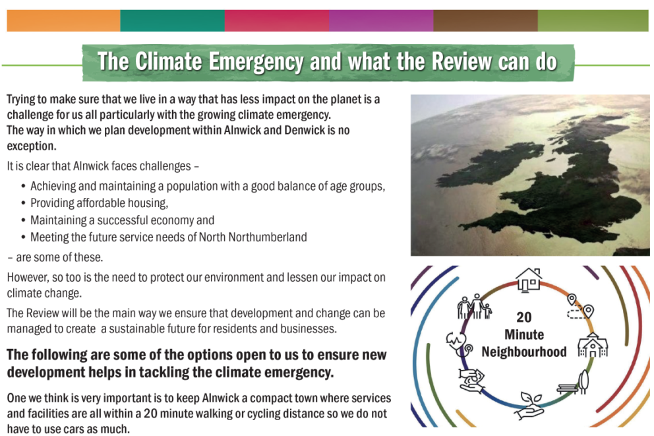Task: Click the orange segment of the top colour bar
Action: pyautogui.click(x=63, y=20)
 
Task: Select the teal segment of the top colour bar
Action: pyautogui.click(x=172, y=20)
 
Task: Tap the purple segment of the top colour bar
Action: pyautogui.click(x=381, y=20)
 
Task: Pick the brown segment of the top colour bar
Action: pyautogui.click(x=485, y=20)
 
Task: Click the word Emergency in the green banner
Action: pyautogui.click(x=256, y=62)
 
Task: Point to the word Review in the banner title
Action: pyautogui.click(x=461, y=61)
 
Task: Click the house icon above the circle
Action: pyautogui.click(x=529, y=279)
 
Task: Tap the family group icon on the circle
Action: pyautogui.click(x=475, y=307)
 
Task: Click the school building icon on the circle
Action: pyautogui.click(x=593, y=345)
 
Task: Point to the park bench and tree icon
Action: pyautogui.click(x=574, y=382)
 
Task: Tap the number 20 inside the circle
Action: pyautogui.click(x=524, y=317)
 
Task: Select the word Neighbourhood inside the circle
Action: pyautogui.click(x=524, y=352)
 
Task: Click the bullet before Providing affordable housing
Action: pyautogui.click(x=23, y=203)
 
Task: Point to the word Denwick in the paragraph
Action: pyautogui.click(x=305, y=130)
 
